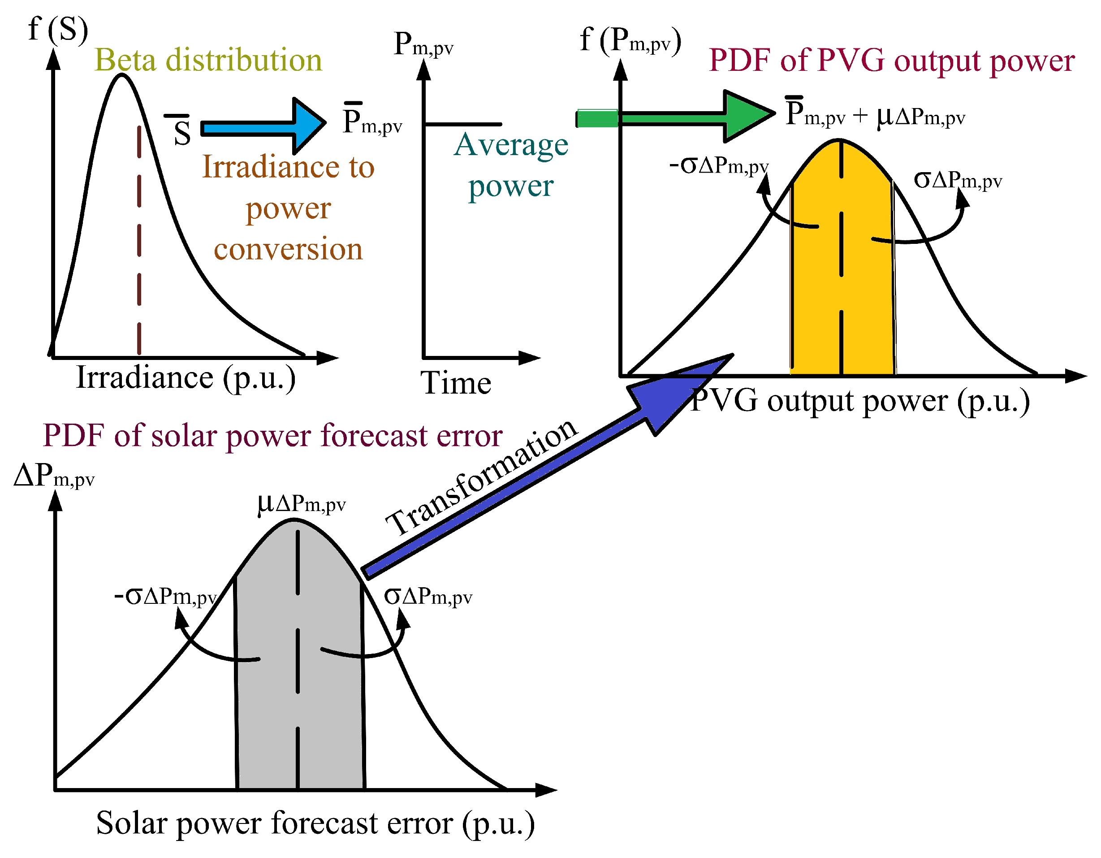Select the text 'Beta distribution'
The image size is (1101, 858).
[208, 60]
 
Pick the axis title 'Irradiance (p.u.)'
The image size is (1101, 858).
[186, 378]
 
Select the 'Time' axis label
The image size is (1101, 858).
[456, 383]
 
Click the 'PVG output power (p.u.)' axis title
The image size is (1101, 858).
[859, 402]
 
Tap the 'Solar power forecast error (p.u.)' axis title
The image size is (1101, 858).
[315, 823]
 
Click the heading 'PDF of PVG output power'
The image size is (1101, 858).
[892, 61]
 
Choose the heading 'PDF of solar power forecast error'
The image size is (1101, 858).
[272, 436]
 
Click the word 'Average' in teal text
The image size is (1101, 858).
[511, 145]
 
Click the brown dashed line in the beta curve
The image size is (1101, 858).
[139, 242]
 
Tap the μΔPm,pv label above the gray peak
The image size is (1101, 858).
[302, 503]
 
